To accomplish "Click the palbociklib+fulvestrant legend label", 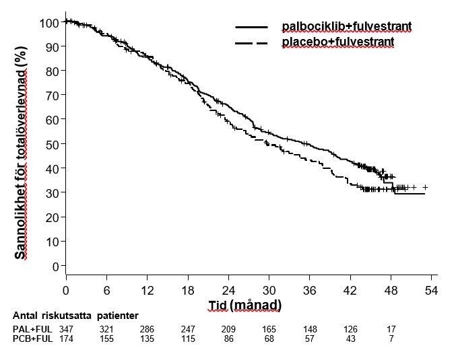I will pos(346,27).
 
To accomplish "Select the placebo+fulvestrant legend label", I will pos(337,42).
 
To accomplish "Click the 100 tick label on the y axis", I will pos(49,23).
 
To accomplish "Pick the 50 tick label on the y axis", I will pos(52,144).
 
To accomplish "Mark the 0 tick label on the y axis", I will pos(55,266).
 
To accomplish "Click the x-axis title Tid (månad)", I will pos(243,305).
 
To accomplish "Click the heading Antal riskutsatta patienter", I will pos(75,316).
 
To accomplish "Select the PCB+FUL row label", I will pos(32,338).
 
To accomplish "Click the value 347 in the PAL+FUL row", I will pos(66,328).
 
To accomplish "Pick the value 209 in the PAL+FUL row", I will pos(228,328).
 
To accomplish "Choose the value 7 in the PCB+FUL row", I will pos(391,338).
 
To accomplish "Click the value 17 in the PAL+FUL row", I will pos(391,328).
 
